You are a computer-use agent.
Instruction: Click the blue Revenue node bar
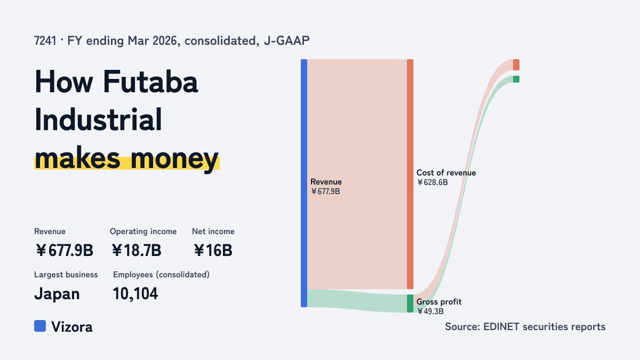tap(304, 183)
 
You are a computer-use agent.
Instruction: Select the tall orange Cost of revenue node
tap(410, 174)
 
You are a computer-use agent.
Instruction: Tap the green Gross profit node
tap(410, 303)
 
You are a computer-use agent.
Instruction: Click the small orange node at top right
tap(516, 65)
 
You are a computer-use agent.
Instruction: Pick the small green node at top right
tap(516, 79)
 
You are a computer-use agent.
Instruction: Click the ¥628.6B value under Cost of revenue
tap(433, 182)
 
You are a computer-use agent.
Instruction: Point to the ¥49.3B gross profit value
tap(430, 311)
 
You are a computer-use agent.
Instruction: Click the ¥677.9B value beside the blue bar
tap(325, 191)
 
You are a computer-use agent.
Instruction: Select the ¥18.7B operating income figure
tap(137, 250)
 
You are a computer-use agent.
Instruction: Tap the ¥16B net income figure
tap(213, 250)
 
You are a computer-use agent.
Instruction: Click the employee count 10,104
tap(135, 294)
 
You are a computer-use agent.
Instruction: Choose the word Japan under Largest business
tap(57, 294)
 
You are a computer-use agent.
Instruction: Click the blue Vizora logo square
tap(40, 326)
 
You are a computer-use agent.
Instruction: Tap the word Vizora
tap(72, 327)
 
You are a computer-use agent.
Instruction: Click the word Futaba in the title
tap(150, 82)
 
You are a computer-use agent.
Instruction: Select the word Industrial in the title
tap(98, 119)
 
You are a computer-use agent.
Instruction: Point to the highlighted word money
tap(174, 158)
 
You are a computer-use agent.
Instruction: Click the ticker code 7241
tap(45, 41)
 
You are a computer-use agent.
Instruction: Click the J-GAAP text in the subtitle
tap(286, 41)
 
